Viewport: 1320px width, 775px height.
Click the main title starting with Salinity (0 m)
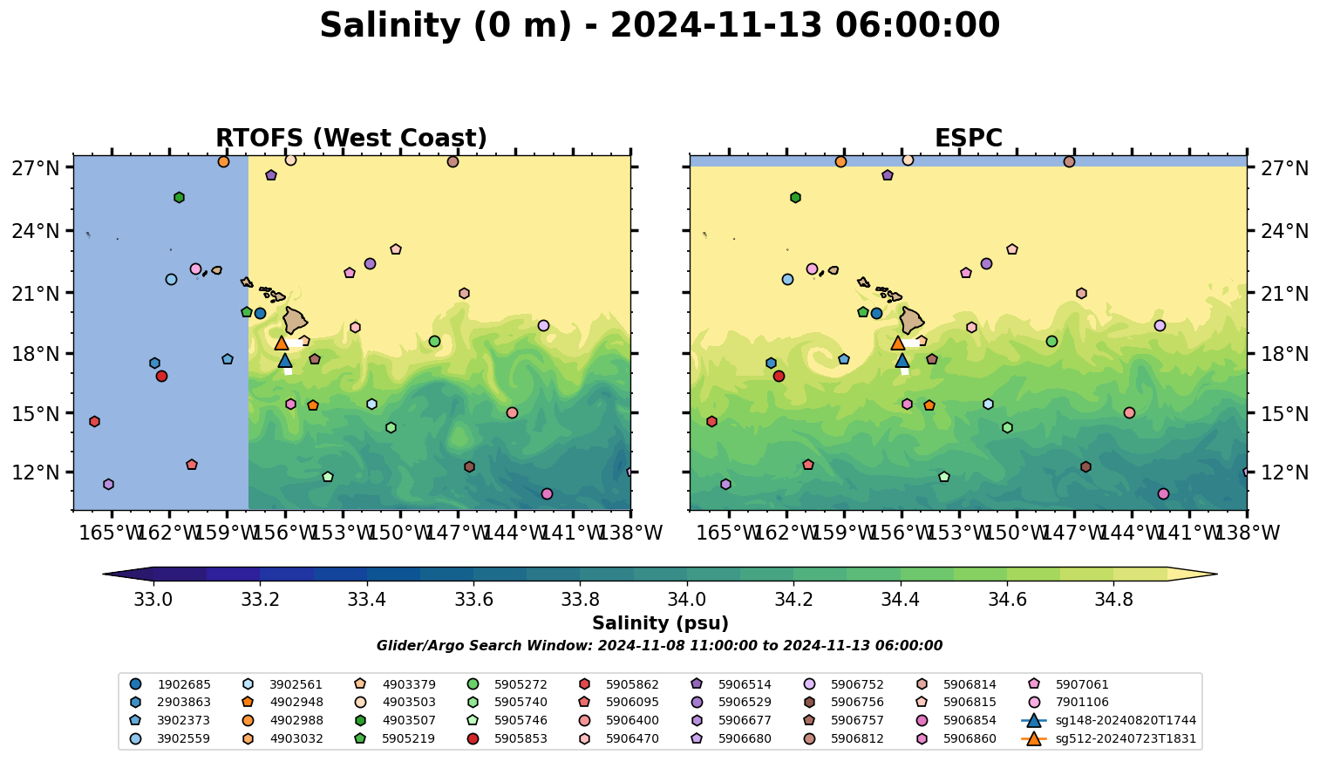(659, 25)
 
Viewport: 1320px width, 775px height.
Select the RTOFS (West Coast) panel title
(350, 138)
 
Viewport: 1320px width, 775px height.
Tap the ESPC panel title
(968, 138)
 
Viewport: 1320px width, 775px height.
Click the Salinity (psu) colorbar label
(660, 623)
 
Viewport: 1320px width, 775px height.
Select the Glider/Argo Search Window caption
(659, 646)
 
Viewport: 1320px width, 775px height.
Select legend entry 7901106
(1081, 703)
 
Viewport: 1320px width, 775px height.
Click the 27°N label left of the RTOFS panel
(36, 167)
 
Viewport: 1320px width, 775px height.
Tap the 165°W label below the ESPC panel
(730, 532)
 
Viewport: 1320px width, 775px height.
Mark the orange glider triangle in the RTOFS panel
(282, 343)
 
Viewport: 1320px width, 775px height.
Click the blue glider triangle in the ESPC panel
(902, 360)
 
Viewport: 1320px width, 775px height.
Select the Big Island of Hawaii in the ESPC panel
(911, 320)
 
